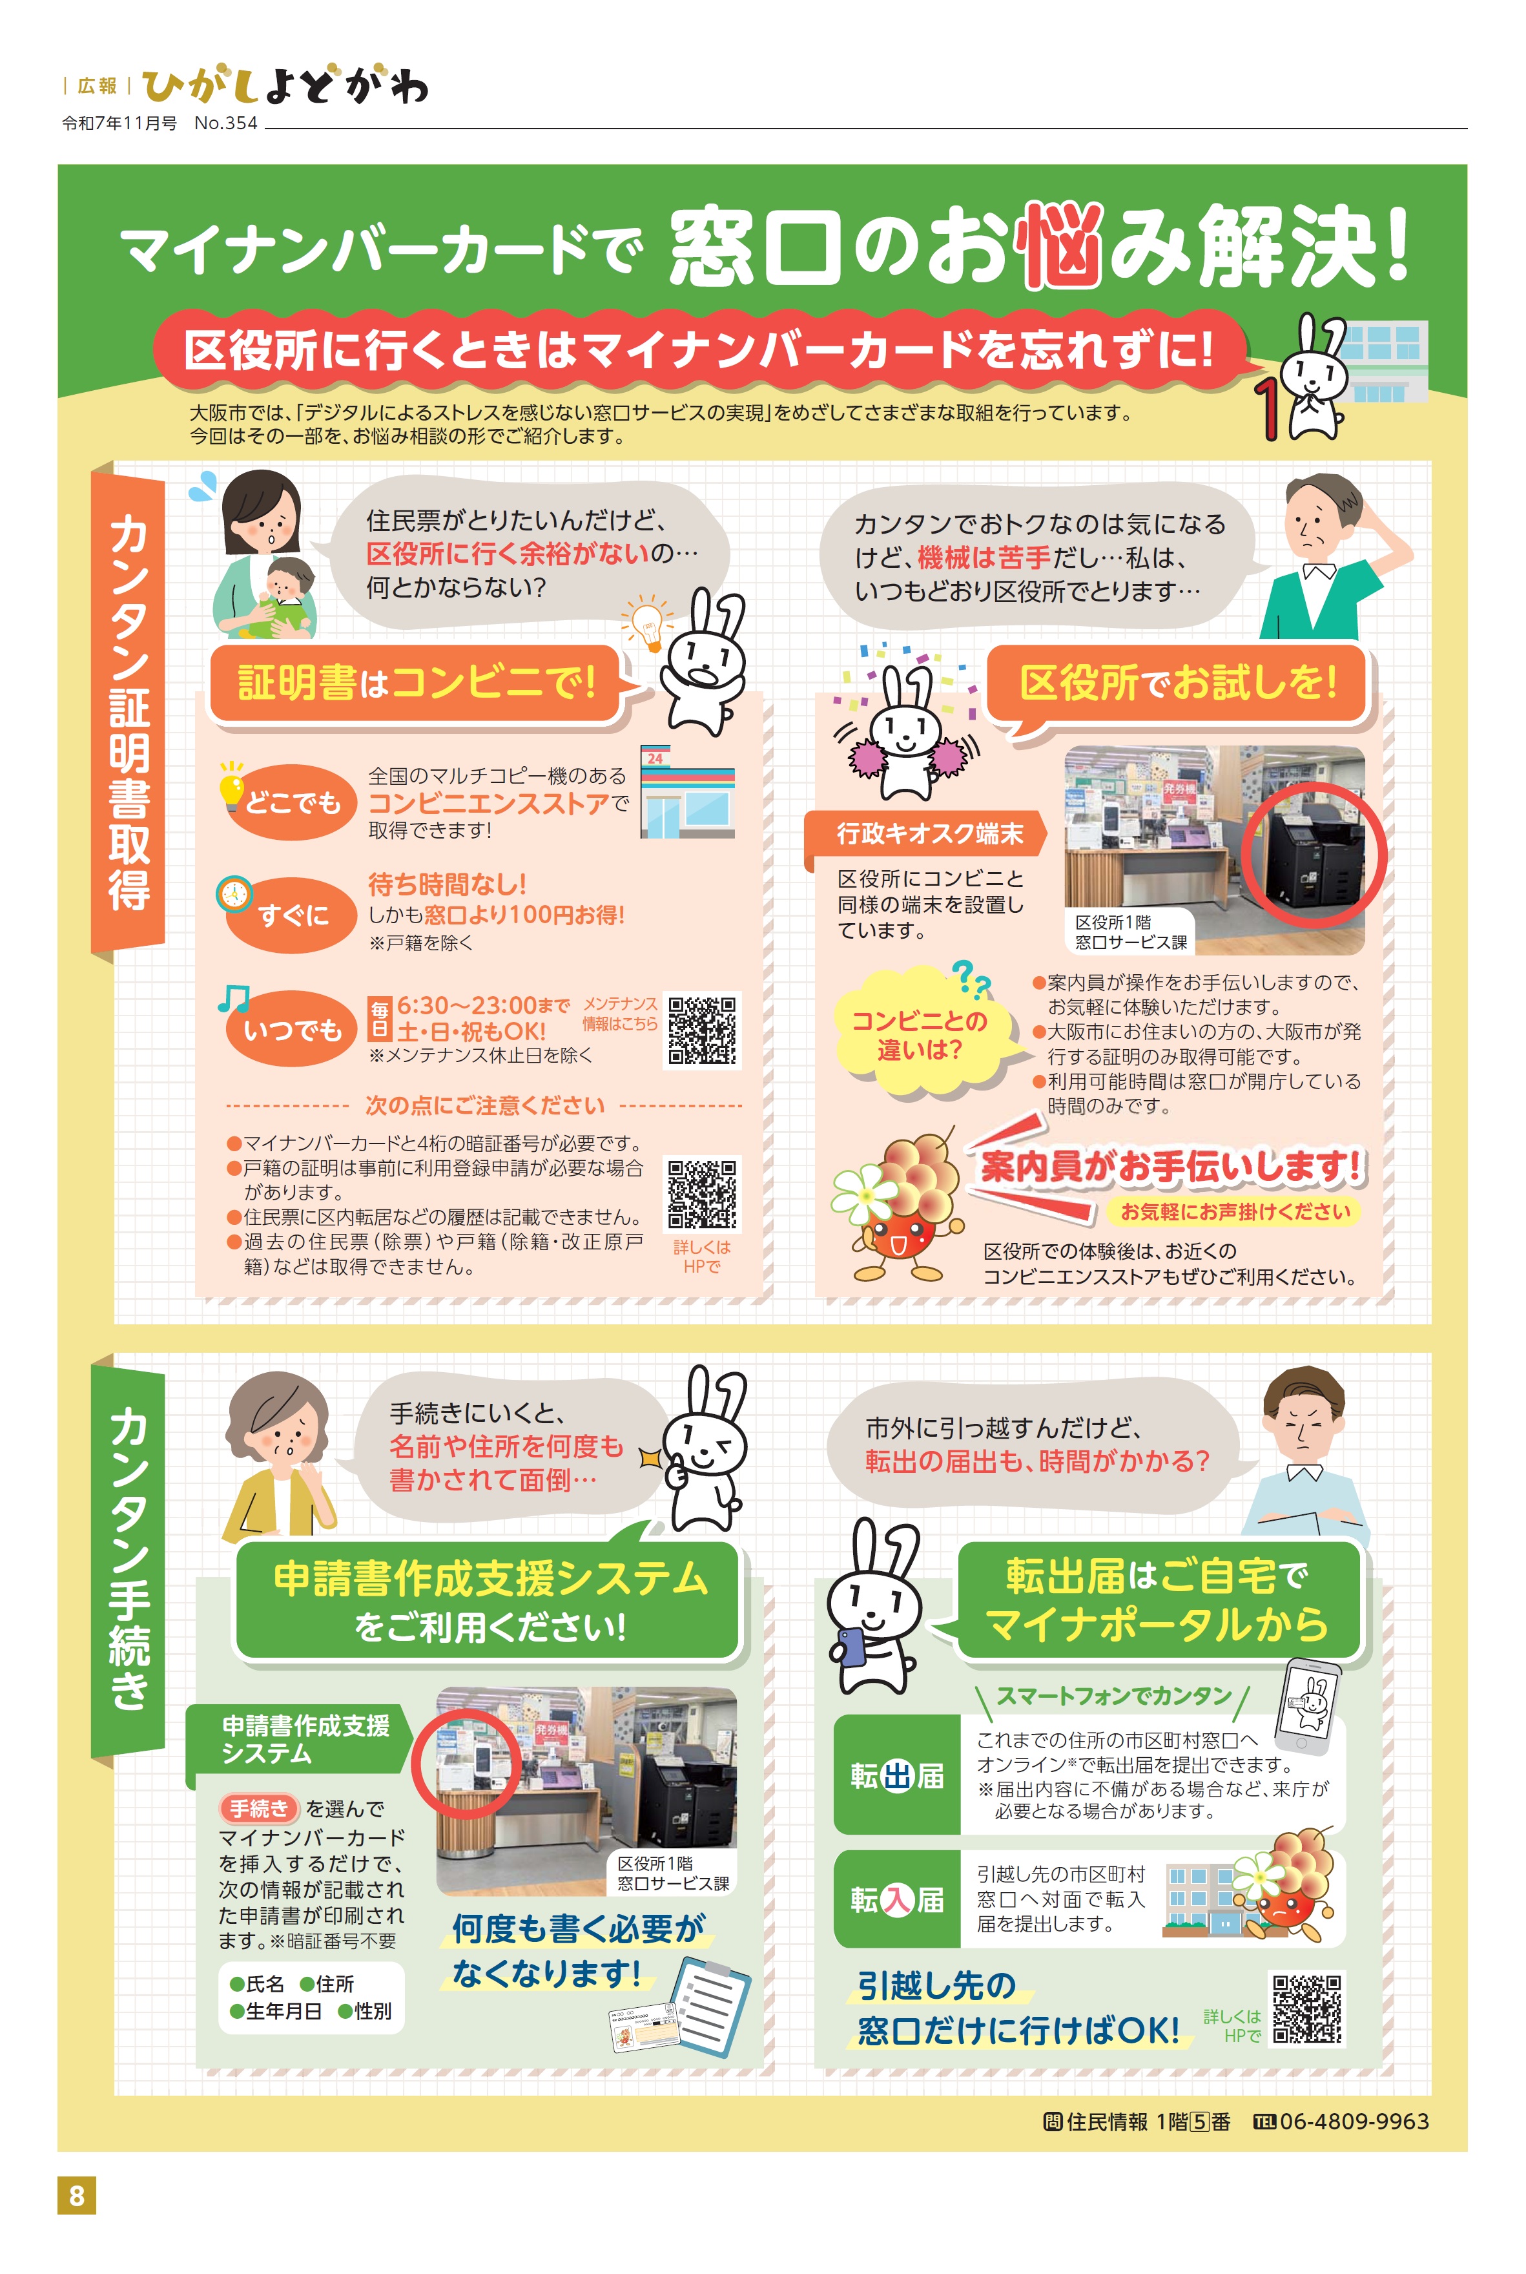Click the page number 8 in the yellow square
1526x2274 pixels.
77,2195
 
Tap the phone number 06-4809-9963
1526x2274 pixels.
1353,2121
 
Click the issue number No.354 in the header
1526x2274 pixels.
226,123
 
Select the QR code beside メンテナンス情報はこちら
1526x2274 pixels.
702,1030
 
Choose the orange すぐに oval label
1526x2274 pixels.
292,915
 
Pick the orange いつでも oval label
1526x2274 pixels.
292,1029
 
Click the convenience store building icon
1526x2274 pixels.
687,793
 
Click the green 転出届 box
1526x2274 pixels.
896,1775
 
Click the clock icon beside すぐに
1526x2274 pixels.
234,893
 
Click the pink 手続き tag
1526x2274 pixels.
259,1808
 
